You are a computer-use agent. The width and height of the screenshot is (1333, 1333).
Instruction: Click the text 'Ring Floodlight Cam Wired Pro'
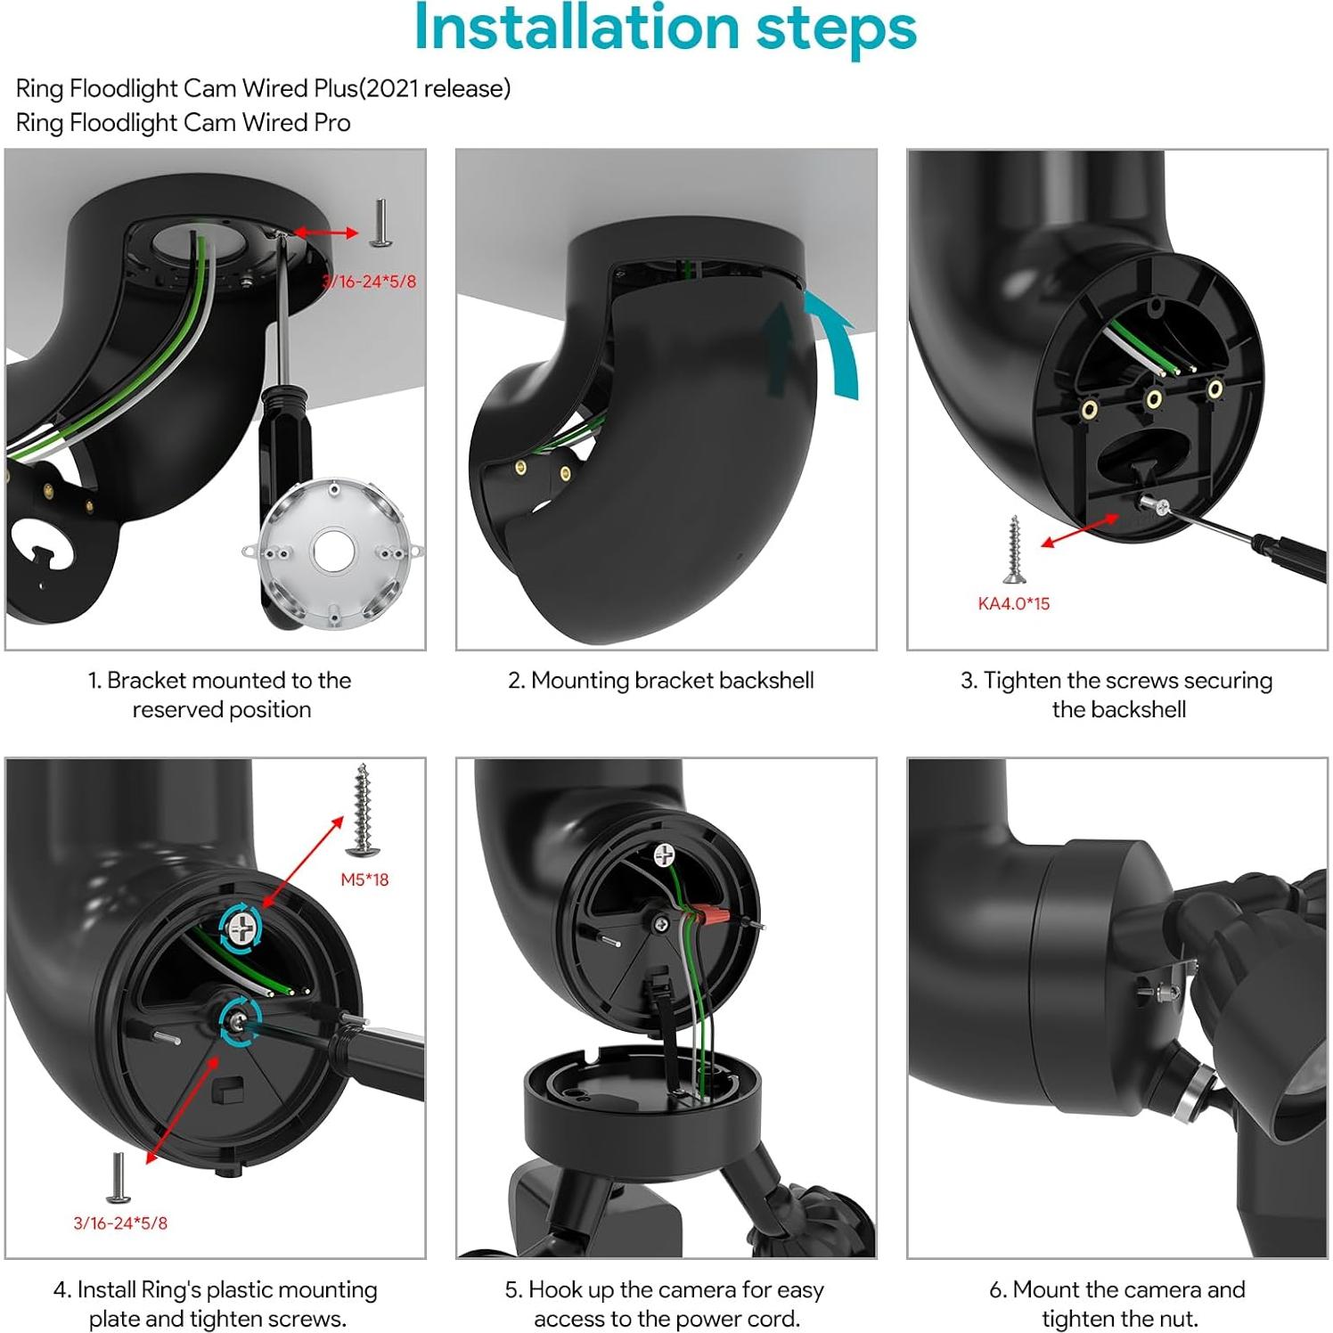(x=184, y=123)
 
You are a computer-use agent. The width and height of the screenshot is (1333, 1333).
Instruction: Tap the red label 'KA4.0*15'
(x=1013, y=603)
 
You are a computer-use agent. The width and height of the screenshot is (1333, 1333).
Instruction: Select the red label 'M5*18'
(x=364, y=879)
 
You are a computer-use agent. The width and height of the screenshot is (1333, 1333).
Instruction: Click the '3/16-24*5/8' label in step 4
(x=120, y=1223)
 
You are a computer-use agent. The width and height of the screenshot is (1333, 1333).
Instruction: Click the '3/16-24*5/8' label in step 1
(x=369, y=282)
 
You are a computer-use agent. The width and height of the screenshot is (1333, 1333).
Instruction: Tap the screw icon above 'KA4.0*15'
(x=1013, y=549)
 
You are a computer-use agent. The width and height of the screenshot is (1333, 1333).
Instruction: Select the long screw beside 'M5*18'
(x=362, y=806)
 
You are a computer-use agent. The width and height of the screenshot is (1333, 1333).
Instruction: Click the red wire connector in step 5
(x=709, y=914)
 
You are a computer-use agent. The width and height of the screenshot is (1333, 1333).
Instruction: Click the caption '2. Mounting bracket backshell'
(x=660, y=681)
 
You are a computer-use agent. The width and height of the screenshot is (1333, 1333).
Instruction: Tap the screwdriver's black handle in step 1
(x=280, y=454)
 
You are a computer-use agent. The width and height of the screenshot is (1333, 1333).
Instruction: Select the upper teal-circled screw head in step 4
(x=240, y=928)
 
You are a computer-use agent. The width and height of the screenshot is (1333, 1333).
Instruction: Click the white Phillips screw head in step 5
(x=664, y=855)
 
